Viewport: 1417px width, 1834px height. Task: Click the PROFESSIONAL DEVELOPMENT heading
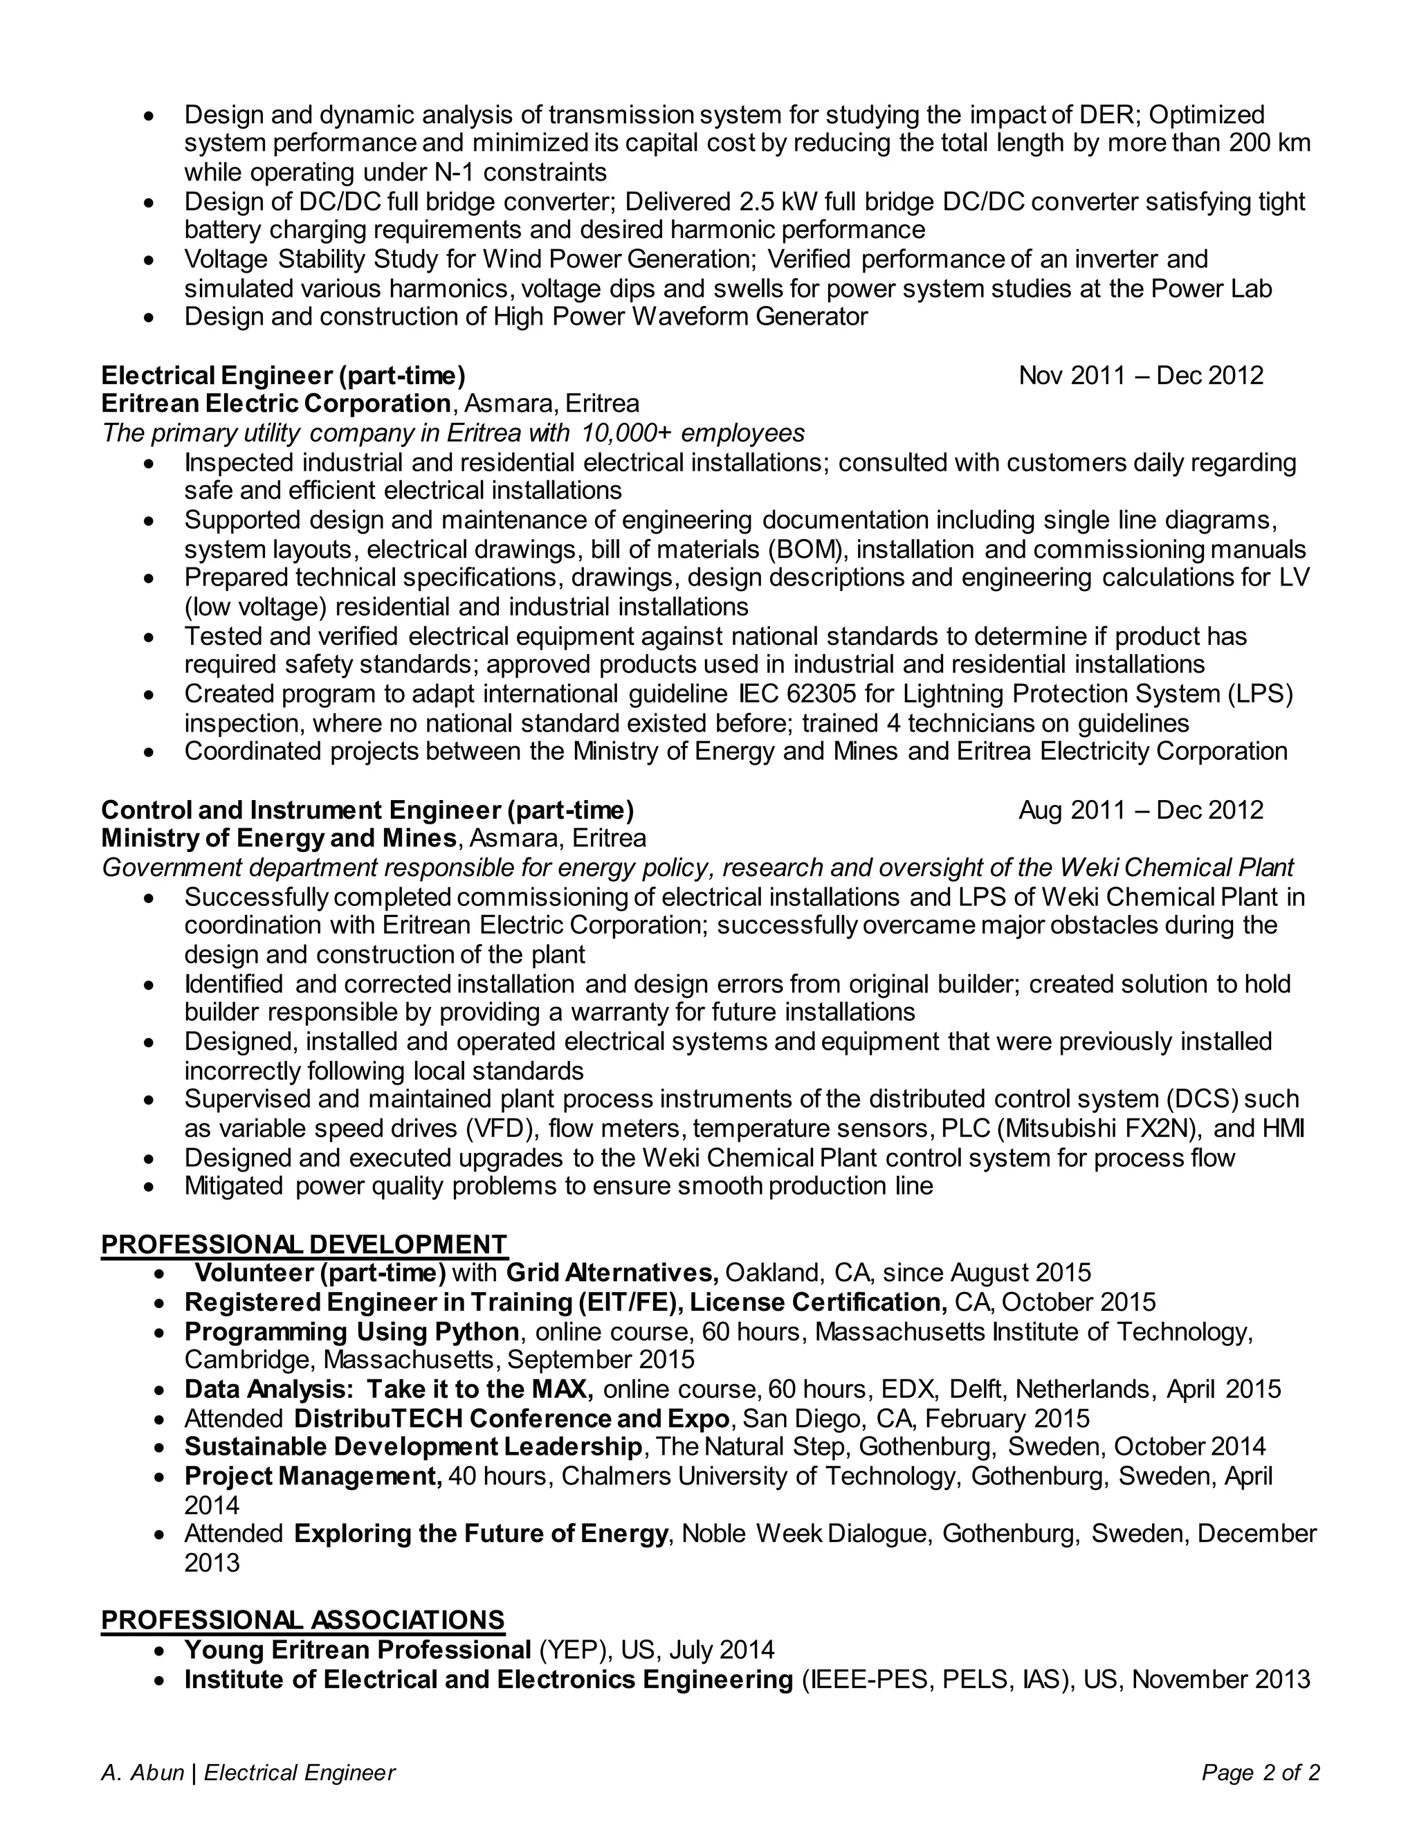(304, 1244)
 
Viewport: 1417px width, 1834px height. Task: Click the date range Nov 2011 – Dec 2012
(1140, 375)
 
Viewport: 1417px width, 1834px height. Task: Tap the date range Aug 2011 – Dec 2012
(1140, 810)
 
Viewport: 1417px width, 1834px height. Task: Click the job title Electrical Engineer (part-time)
(283, 375)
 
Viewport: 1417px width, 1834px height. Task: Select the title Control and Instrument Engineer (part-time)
(367, 810)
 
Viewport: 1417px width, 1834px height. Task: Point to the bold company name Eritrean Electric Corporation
(276, 404)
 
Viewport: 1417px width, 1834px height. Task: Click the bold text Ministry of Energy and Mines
(279, 838)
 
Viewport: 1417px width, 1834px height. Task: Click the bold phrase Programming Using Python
(351, 1332)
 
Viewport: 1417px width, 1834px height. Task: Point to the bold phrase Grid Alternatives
(612, 1273)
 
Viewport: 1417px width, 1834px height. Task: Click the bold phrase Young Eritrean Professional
(358, 1649)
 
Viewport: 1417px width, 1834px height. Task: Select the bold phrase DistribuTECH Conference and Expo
(512, 1418)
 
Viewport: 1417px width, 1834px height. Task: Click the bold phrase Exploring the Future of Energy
(481, 1534)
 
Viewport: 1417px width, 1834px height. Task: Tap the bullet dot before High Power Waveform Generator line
(150, 318)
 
